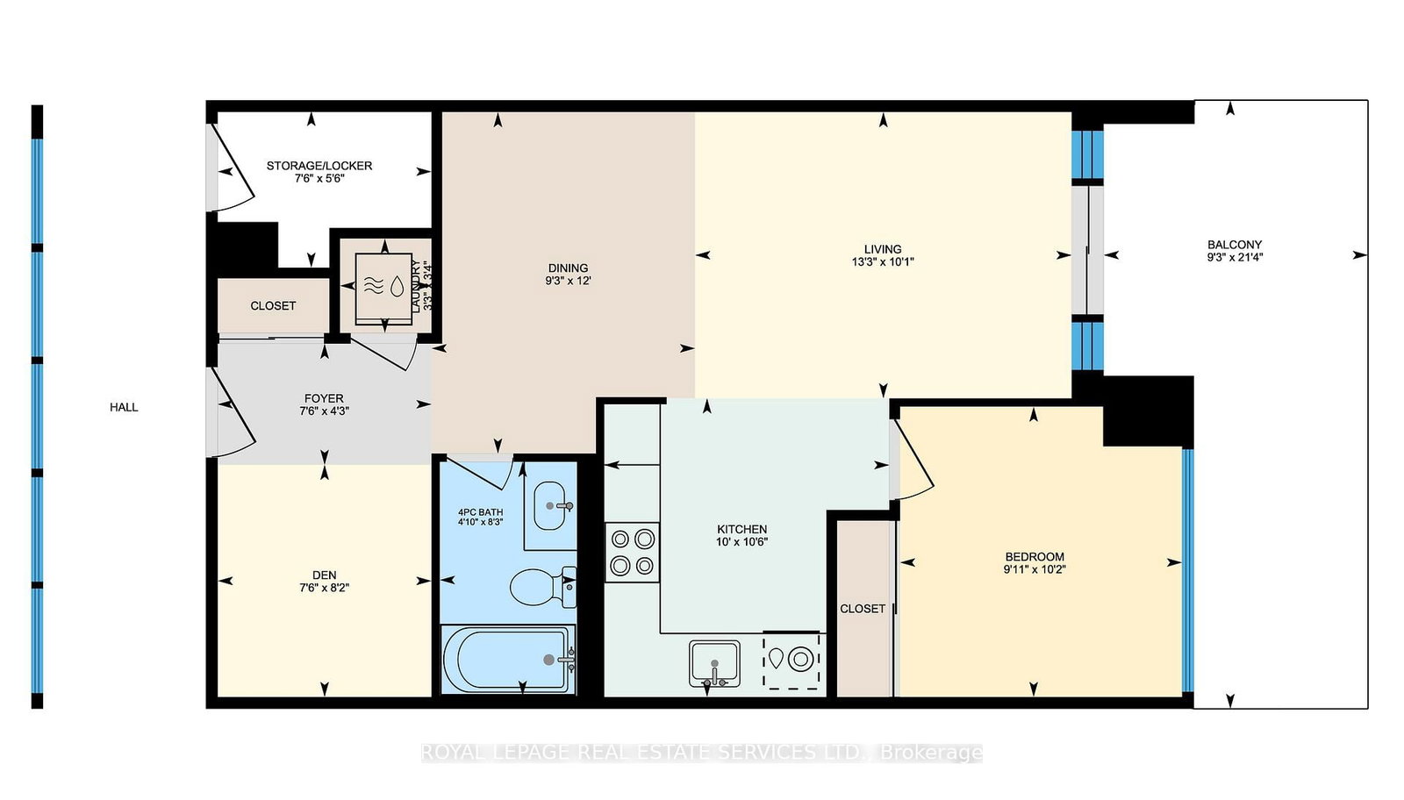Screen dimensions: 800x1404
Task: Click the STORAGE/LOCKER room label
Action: click(319, 165)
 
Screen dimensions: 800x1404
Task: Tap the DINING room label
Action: click(568, 268)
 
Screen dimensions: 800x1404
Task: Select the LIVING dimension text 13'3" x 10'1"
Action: click(883, 261)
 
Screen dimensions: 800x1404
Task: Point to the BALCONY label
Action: click(1235, 245)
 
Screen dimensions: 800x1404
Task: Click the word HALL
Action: click(124, 407)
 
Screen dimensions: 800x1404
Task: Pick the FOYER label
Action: click(324, 398)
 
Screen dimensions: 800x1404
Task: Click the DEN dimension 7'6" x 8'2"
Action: click(324, 588)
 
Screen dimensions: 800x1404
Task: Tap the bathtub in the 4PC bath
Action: click(508, 660)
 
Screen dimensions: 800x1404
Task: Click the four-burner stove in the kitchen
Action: click(632, 552)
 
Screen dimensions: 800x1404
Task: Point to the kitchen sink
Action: click(714, 663)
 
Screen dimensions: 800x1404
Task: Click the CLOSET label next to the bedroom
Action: click(863, 609)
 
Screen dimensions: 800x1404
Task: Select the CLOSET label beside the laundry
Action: click(273, 306)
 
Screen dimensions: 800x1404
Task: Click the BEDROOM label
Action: click(1035, 557)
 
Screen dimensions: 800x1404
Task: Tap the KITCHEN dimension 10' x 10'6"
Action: click(742, 542)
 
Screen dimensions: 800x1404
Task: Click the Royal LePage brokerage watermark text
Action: click(701, 753)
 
